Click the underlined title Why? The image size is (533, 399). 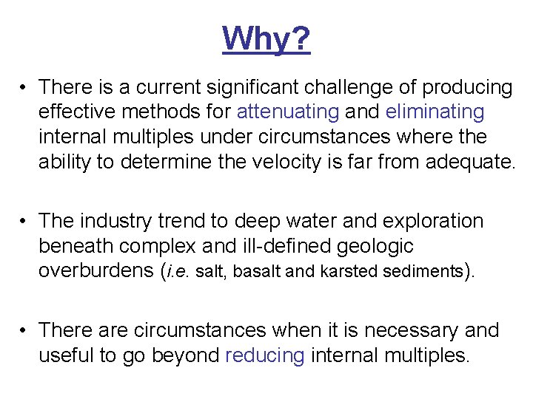click(x=266, y=38)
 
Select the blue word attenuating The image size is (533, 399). click(x=287, y=112)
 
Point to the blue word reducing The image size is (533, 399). click(x=264, y=355)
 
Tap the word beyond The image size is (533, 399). click(x=185, y=355)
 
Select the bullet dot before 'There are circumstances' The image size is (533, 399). click(x=25, y=330)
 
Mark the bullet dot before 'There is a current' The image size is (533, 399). click(x=25, y=88)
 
